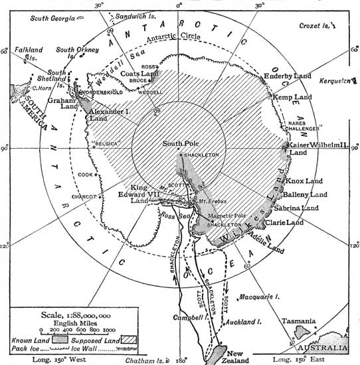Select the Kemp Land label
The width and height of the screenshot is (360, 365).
(293, 97)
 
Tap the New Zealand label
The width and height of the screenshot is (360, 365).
(238, 355)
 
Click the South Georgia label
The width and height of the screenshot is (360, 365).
(52, 7)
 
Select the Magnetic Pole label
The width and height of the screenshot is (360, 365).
(227, 217)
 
